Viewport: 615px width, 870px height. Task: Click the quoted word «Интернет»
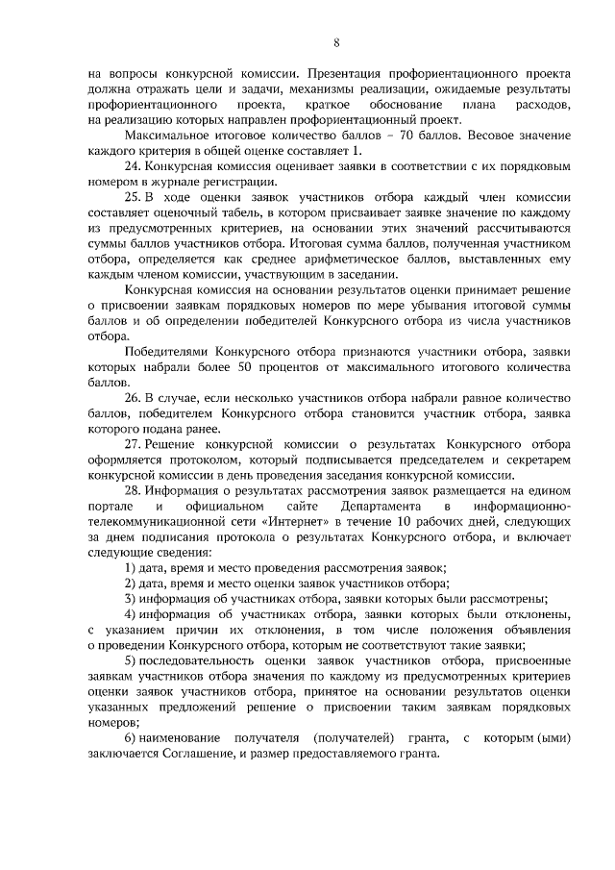[290, 520]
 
